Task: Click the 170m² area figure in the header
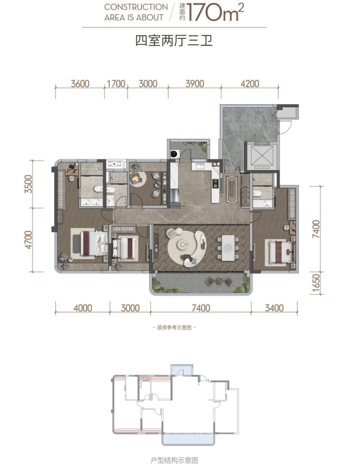216,13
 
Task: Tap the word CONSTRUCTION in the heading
136,7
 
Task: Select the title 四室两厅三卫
174,41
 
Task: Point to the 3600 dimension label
80,84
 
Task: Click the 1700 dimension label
116,84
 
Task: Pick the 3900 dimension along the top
195,84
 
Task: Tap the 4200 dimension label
250,84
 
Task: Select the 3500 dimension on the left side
28,184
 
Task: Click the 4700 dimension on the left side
28,240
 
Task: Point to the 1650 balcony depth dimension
316,282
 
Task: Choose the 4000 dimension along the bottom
83,308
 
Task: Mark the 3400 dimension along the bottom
274,308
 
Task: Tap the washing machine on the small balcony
175,154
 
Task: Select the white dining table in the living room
228,248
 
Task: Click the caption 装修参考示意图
174,328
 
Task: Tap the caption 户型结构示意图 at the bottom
174,460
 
